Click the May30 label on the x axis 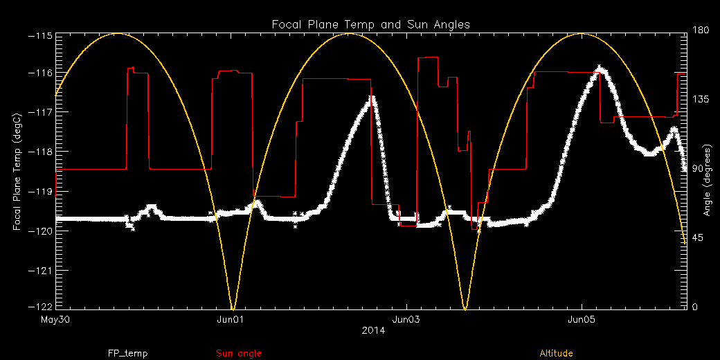[57, 320]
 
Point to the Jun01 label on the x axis [231, 320]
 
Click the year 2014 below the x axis [373, 331]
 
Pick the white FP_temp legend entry [127, 354]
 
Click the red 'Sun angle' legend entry [239, 354]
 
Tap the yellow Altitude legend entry [556, 354]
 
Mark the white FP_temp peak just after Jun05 [601, 69]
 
